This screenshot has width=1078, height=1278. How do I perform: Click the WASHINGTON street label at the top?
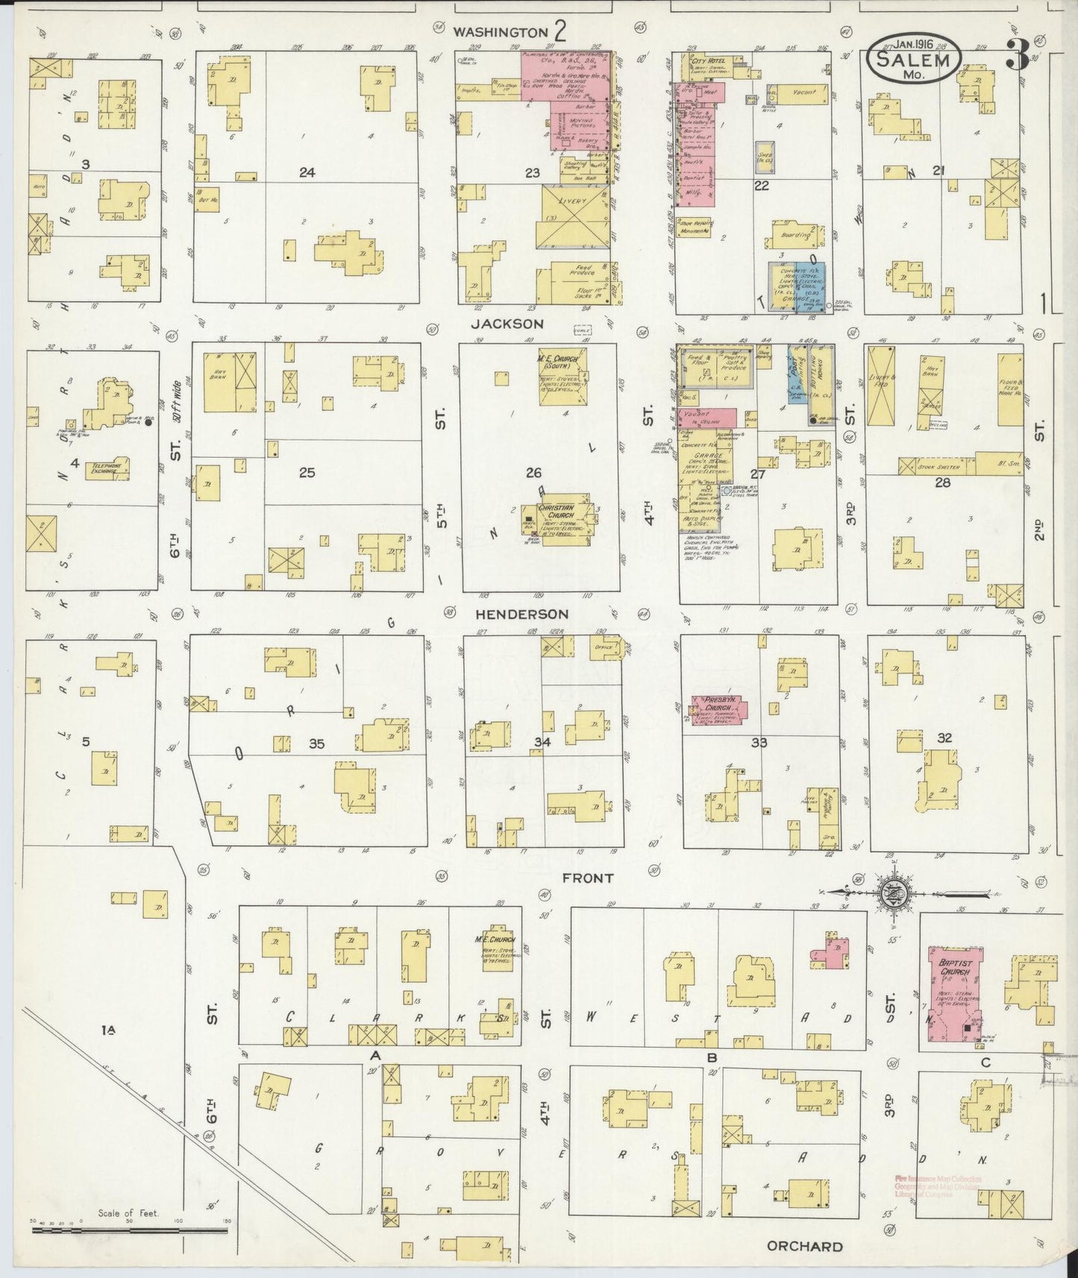tap(501, 32)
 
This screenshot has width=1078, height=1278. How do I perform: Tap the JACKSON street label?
tap(507, 324)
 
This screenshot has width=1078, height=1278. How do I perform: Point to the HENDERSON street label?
tap(522, 614)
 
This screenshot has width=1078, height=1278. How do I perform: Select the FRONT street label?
tap(589, 878)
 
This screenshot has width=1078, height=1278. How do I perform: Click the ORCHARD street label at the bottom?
tap(805, 1246)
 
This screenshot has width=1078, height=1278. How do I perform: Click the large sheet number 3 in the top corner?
tap(1018, 54)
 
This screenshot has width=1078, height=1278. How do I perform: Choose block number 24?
tap(307, 172)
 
